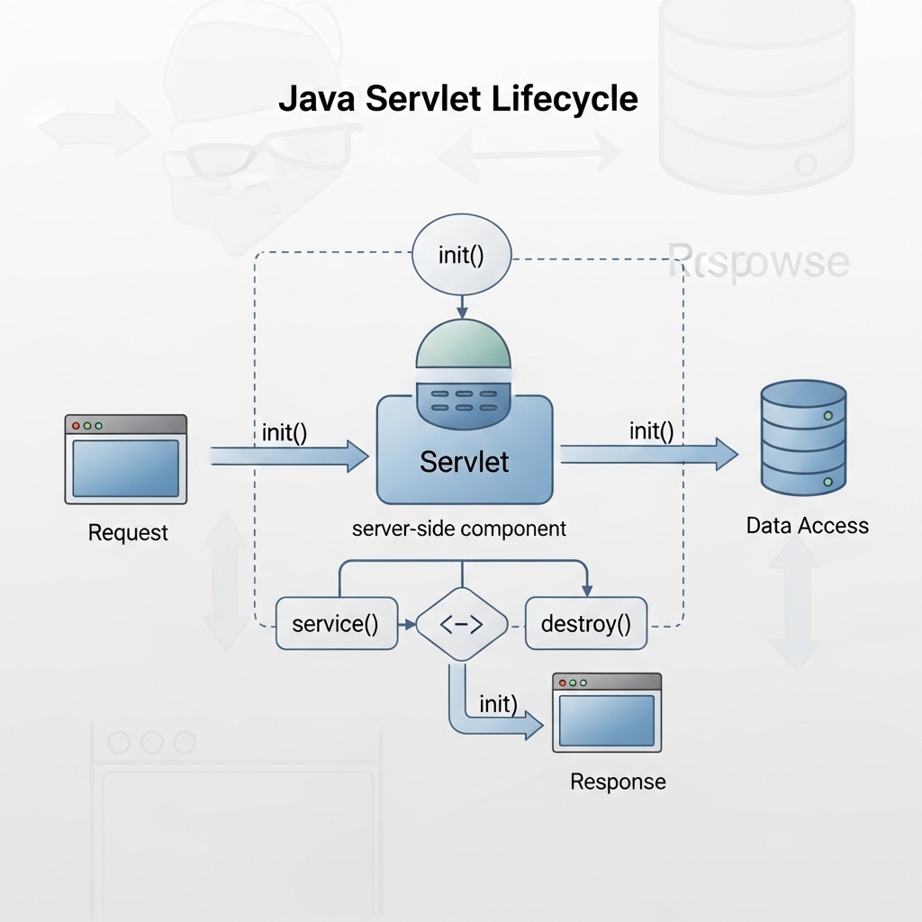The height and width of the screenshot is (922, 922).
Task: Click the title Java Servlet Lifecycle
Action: [x=457, y=99]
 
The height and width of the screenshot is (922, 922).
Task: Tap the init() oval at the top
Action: [x=461, y=255]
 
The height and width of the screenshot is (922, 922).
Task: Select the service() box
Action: [x=335, y=623]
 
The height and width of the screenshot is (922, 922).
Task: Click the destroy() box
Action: [x=585, y=623]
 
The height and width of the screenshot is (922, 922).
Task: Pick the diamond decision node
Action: [x=461, y=624]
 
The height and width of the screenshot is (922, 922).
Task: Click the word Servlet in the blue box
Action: [x=464, y=462]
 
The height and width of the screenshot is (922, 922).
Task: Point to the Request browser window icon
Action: [x=125, y=459]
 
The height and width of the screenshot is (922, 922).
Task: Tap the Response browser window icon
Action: [x=607, y=712]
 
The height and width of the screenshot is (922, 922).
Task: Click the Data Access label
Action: [x=808, y=526]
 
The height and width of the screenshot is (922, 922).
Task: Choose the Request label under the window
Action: [x=128, y=533]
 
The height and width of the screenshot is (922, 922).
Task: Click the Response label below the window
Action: [x=618, y=782]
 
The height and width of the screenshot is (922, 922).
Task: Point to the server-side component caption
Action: [x=459, y=529]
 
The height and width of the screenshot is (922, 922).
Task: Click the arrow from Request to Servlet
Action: [x=288, y=456]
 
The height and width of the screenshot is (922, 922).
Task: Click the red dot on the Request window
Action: [x=77, y=425]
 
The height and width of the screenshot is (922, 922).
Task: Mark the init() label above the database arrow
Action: [x=652, y=431]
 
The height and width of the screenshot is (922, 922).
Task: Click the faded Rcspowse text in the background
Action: [x=758, y=262]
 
